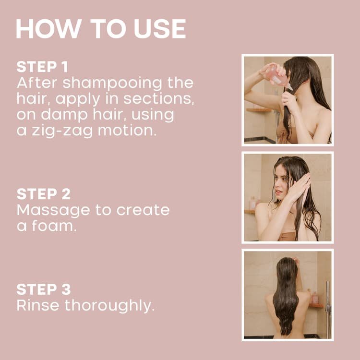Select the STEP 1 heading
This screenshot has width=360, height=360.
pyautogui.click(x=43, y=66)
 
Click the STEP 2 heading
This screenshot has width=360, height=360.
pyautogui.click(x=43, y=194)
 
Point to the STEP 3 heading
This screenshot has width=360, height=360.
pyautogui.click(x=43, y=289)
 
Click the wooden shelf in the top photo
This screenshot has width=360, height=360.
pyautogui.click(x=258, y=109)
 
